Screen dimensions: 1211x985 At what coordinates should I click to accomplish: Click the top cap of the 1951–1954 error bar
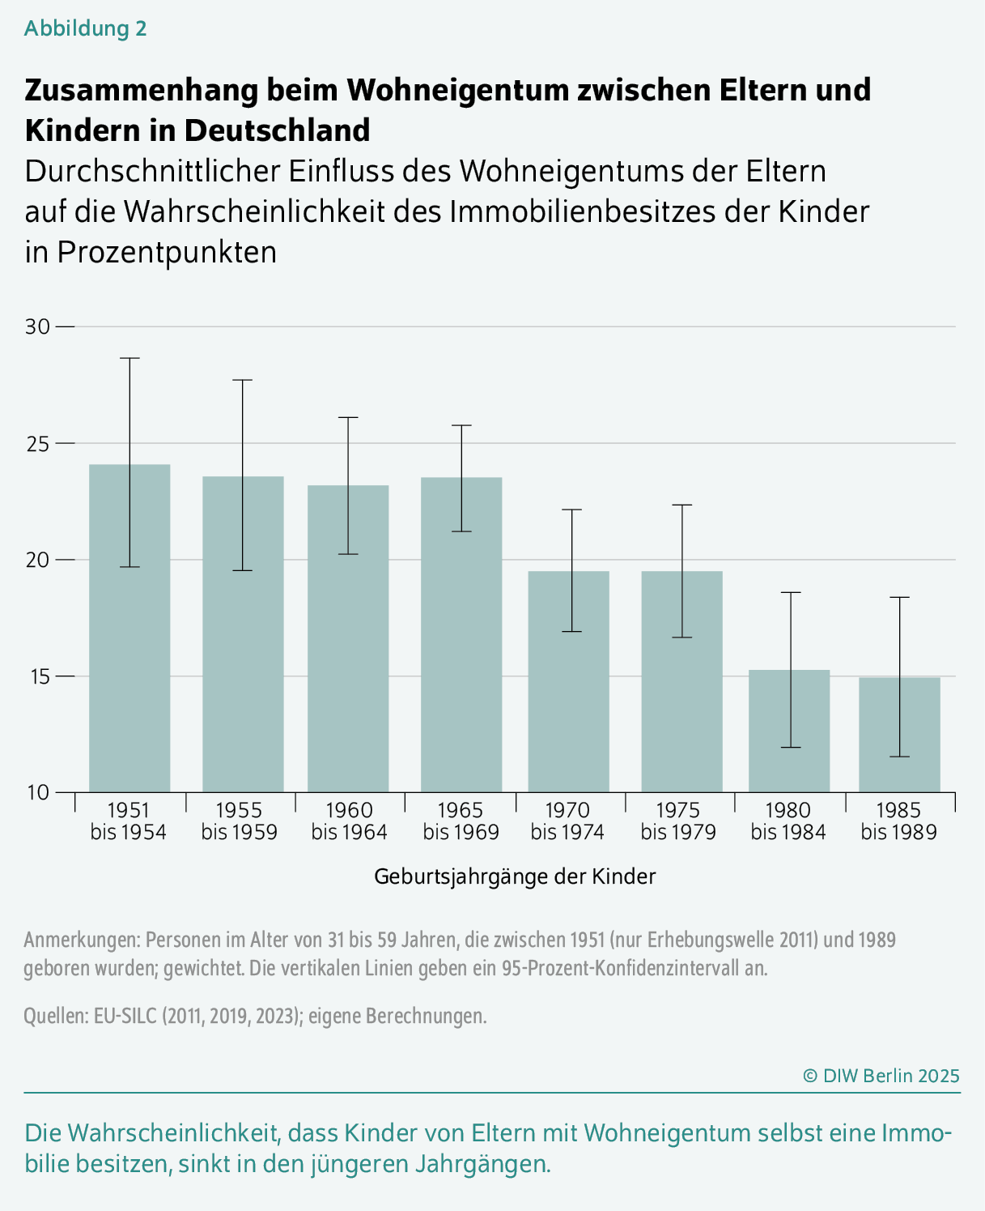pos(129,358)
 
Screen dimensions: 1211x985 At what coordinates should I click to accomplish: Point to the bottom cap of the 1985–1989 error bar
pos(899,757)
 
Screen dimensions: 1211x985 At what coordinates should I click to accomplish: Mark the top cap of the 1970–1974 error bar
pos(571,510)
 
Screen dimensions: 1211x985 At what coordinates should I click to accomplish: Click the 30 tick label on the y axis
pos(37,326)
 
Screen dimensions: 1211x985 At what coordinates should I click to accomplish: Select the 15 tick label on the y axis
pos(37,676)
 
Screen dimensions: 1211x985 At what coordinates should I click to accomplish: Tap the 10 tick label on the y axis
pos(37,792)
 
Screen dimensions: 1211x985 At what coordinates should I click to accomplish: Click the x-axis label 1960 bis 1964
pos(349,821)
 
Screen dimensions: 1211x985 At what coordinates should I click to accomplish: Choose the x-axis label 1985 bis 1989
pos(898,821)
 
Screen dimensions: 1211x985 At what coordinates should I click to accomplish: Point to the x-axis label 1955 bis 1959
pos(239,821)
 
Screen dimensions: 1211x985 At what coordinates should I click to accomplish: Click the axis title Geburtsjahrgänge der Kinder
pos(515,876)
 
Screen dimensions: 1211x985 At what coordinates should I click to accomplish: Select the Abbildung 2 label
pos(85,28)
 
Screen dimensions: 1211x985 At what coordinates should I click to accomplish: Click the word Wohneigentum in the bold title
pos(456,89)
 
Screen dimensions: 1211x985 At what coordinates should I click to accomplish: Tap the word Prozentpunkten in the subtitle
pos(167,252)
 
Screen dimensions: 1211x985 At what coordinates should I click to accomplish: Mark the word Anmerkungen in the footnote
pos(81,940)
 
